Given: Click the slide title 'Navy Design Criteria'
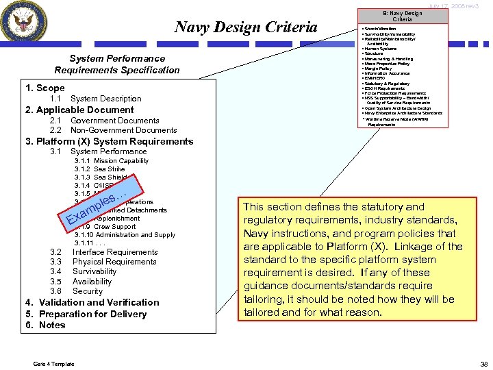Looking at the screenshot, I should (x=246, y=27).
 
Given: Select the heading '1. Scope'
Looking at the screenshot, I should (x=45, y=88).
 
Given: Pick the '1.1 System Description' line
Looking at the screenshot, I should (x=95, y=99).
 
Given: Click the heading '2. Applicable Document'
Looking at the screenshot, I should (x=79, y=110).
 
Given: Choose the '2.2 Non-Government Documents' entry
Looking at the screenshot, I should (x=113, y=130).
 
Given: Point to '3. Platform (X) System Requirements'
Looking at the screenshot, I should (x=110, y=141).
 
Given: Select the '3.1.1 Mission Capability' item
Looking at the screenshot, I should (x=111, y=160).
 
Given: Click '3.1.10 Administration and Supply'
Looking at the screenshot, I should (x=125, y=235).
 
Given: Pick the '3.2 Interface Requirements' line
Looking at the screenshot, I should (x=104, y=252).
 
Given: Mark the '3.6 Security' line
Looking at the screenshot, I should (x=77, y=291).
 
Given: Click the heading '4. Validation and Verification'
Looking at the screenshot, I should (x=92, y=302).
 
